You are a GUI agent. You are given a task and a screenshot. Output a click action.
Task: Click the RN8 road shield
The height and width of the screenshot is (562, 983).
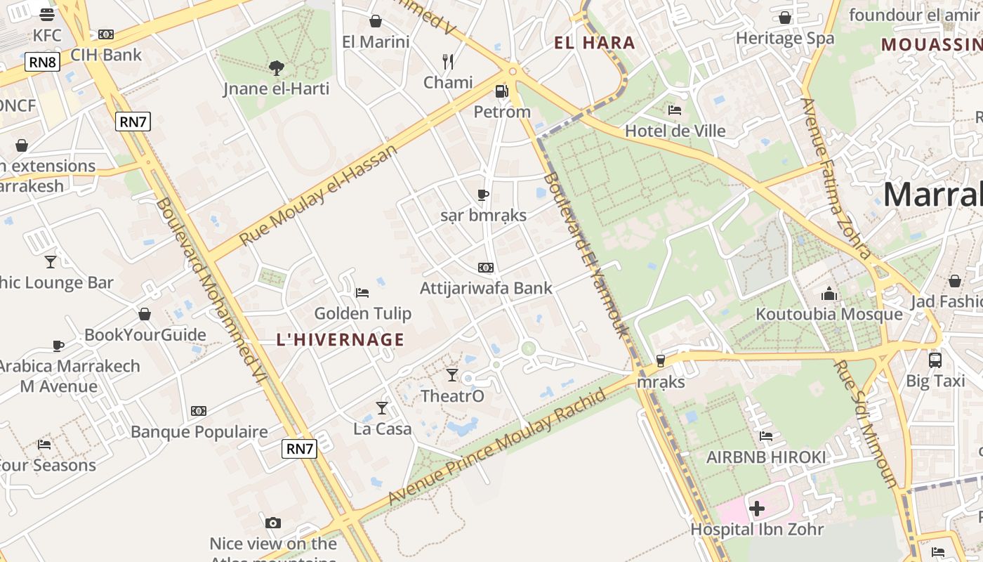43,62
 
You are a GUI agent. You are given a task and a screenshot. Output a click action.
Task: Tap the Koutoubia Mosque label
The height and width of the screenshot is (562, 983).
829,314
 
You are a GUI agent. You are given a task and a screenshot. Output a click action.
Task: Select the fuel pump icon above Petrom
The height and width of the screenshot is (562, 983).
501,91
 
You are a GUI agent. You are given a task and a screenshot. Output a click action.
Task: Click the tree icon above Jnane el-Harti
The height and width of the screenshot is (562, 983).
277,68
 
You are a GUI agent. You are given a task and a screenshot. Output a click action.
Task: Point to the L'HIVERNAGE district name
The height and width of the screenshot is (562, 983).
341,340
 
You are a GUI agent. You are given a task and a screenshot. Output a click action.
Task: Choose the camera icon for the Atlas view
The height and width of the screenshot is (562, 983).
273,523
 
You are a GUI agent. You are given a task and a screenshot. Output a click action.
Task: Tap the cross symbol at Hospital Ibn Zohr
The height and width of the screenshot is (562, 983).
757,508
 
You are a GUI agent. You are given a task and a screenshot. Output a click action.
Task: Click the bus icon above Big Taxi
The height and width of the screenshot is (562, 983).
935,360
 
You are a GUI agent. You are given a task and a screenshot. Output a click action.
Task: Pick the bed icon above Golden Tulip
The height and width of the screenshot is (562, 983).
362,292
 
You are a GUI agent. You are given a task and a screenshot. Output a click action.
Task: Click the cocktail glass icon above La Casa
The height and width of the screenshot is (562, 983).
382,407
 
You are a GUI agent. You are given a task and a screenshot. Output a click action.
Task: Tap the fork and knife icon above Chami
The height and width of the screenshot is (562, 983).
448,61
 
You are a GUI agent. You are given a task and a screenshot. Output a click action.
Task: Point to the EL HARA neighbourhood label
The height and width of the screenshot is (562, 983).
595,43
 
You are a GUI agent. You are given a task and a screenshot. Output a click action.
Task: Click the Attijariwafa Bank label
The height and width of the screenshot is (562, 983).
486,288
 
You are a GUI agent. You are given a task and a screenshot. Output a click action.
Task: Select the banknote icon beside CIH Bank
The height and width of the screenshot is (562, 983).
106,34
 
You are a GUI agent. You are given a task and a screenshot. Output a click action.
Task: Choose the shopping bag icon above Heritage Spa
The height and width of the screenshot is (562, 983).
785,18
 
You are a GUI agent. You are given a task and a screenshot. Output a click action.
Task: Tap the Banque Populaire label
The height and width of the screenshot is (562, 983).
199,431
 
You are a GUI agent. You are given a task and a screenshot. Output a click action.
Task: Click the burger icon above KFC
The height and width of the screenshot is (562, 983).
47,15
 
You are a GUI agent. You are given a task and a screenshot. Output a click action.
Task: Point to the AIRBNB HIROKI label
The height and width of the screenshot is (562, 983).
766,457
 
